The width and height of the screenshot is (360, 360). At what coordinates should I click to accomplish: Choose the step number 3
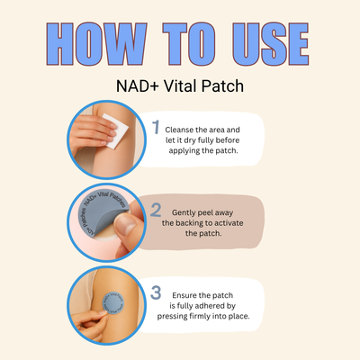pyautogui.click(x=156, y=292)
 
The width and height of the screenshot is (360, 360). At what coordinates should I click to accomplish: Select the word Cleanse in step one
pyautogui.click(x=184, y=130)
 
